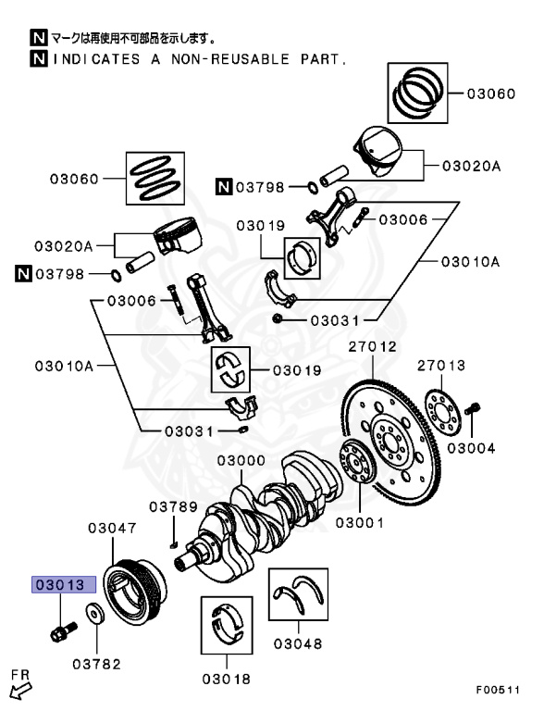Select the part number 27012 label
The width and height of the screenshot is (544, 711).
click(x=373, y=347)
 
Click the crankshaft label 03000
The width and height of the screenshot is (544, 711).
click(x=242, y=460)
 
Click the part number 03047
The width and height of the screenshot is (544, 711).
click(x=112, y=529)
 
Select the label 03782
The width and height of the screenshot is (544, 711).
click(x=96, y=664)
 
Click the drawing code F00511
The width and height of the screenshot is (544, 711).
click(x=498, y=690)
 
